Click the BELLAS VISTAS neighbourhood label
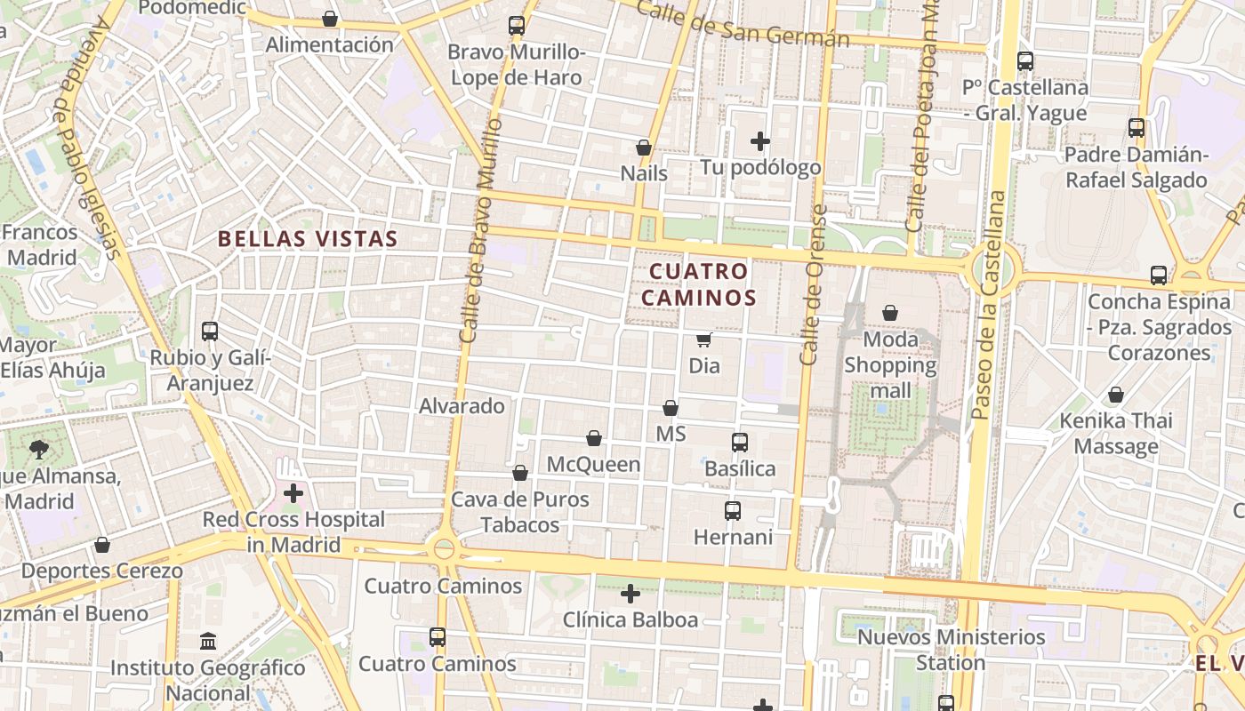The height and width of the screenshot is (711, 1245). (x=307, y=239)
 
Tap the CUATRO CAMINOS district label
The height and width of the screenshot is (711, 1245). (x=698, y=284)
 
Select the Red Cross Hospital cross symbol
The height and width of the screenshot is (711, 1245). (x=293, y=493)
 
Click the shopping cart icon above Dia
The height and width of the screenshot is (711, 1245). (x=703, y=340)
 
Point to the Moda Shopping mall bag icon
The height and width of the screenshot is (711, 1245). (x=890, y=313)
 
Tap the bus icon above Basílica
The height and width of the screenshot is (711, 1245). (x=739, y=442)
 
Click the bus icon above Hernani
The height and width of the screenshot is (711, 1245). (x=732, y=511)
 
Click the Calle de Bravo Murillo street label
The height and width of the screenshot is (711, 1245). (x=478, y=231)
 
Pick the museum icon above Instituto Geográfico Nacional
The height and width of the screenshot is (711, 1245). (x=208, y=641)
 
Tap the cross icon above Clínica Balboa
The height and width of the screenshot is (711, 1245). (x=630, y=593)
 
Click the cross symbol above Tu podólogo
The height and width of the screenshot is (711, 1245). (x=759, y=140)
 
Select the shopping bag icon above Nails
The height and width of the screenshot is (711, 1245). (x=644, y=147)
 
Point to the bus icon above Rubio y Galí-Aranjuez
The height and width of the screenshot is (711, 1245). (x=210, y=332)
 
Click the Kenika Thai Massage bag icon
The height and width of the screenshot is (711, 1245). (x=1115, y=395)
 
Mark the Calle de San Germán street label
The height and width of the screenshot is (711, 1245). (x=743, y=25)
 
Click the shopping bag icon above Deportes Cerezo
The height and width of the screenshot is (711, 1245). (x=102, y=545)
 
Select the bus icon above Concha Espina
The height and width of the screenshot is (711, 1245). (x=1158, y=276)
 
